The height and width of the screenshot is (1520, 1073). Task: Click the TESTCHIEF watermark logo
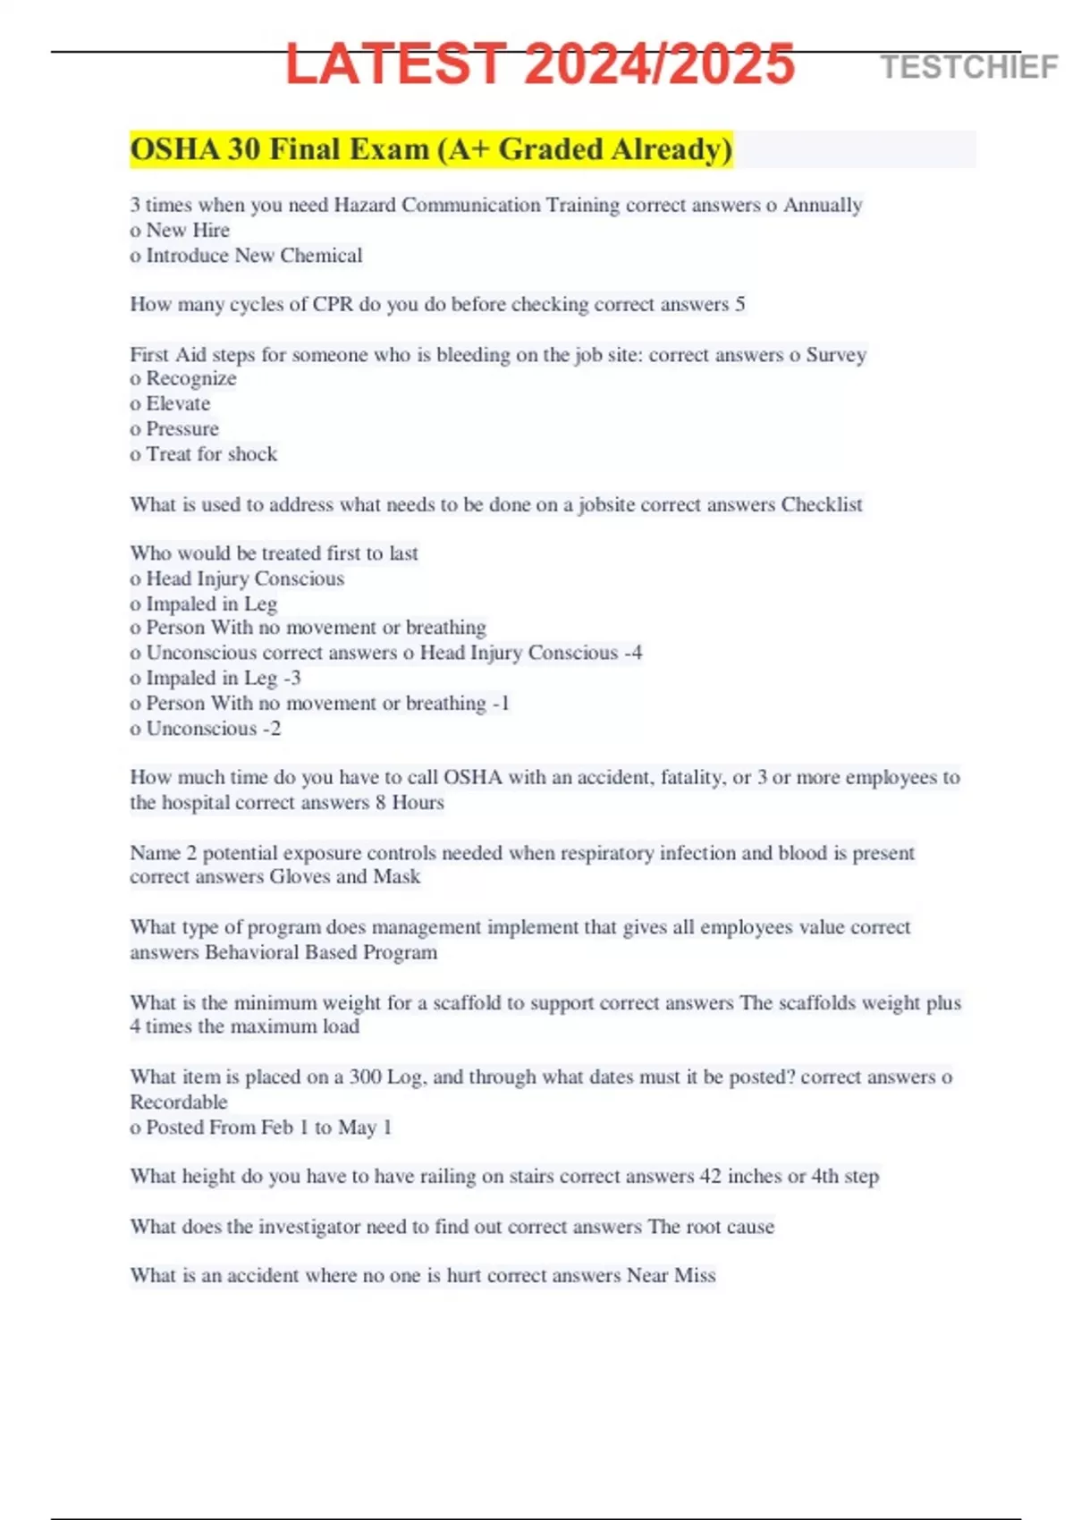coord(968,67)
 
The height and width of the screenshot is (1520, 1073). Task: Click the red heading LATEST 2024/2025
coord(540,64)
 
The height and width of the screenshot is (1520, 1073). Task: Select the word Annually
coord(823,206)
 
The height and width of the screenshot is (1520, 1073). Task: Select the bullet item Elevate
coord(178,404)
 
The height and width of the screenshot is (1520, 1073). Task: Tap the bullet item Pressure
coord(182,429)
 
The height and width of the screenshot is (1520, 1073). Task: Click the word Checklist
coord(822,505)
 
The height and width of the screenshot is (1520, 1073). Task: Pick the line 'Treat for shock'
coord(211,454)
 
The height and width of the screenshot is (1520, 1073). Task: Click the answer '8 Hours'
coord(410,803)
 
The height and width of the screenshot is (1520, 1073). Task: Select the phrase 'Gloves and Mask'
coord(345,877)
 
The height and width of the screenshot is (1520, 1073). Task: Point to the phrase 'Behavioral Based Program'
coord(321,952)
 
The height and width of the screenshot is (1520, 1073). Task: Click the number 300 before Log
coord(365,1077)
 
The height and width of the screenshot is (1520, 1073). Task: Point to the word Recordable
coord(179,1102)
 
